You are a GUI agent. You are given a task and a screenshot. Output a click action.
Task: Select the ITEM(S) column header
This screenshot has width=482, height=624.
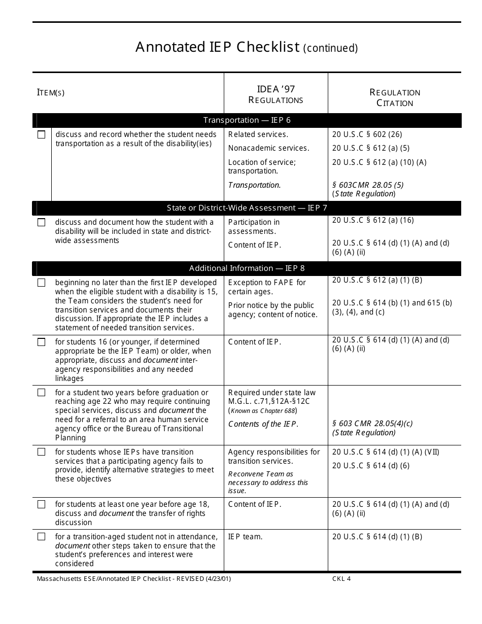pyautogui.click(x=51, y=92)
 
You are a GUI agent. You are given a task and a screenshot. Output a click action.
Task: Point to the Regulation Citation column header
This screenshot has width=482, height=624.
pyautogui.click(x=395, y=97)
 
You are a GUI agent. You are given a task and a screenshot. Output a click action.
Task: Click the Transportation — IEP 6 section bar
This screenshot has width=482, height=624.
pyautogui.click(x=247, y=120)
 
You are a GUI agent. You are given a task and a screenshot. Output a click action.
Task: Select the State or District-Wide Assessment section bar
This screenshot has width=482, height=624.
pyautogui.click(x=247, y=208)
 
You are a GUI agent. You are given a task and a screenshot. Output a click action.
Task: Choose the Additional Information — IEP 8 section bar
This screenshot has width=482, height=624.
pyautogui.click(x=247, y=268)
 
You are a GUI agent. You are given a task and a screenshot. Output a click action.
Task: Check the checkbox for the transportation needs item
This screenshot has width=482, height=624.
pyautogui.click(x=42, y=135)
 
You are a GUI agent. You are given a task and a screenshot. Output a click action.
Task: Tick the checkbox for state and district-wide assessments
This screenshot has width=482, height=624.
pyautogui.click(x=42, y=223)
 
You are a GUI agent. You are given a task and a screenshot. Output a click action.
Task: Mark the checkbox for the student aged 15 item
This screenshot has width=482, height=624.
pyautogui.click(x=42, y=283)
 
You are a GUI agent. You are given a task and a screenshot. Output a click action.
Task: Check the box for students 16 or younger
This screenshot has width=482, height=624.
pyautogui.click(x=42, y=342)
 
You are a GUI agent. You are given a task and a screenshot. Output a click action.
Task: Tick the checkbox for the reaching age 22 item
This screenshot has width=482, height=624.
pyautogui.click(x=42, y=393)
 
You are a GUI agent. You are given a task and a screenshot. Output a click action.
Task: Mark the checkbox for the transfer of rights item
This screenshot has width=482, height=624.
pyautogui.click(x=42, y=504)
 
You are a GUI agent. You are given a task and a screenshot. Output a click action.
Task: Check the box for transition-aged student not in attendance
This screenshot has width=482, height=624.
pyautogui.click(x=42, y=537)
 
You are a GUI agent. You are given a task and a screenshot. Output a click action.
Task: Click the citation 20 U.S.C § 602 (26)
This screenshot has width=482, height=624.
pyautogui.click(x=367, y=134)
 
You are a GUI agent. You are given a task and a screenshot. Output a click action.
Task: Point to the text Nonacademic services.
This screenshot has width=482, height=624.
pyautogui.click(x=268, y=148)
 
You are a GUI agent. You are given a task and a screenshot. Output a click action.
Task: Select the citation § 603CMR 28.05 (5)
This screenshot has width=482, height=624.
pyautogui.click(x=368, y=185)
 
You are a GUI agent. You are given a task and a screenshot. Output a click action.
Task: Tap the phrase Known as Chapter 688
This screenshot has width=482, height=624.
pyautogui.click(x=263, y=410)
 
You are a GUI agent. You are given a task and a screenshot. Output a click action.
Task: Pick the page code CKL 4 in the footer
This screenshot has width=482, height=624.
pyautogui.click(x=341, y=579)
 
